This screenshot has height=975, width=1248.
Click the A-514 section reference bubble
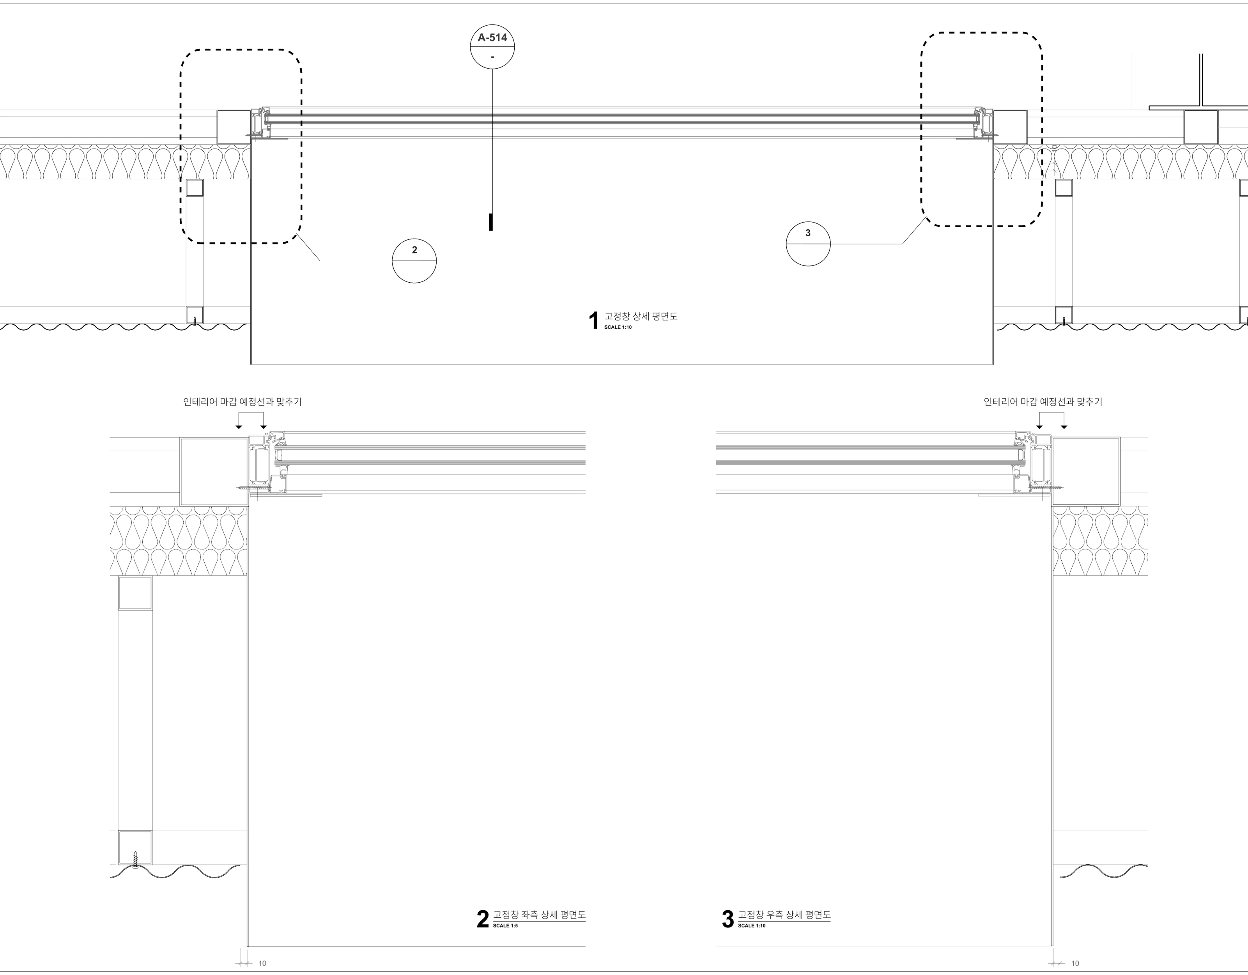[x=492, y=47]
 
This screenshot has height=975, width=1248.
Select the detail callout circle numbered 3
[x=808, y=244]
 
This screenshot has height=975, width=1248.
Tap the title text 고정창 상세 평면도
[x=641, y=316]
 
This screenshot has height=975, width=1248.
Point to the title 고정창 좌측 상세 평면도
[x=539, y=915]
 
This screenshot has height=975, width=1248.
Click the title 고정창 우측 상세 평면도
[x=784, y=915]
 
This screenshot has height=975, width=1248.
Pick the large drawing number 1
[x=594, y=320]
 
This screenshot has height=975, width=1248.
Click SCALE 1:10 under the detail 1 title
[x=618, y=327]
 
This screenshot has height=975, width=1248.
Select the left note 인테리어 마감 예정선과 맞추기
[x=242, y=402]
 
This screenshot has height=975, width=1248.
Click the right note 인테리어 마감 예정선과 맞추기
[x=1043, y=402]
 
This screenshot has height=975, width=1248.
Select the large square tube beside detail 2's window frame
[x=214, y=471]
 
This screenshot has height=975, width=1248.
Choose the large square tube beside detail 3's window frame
[x=1086, y=471]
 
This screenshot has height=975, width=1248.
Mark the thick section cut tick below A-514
[x=491, y=222]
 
